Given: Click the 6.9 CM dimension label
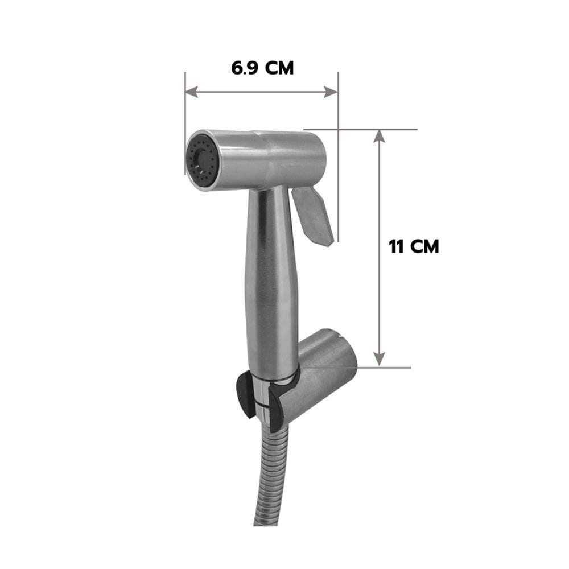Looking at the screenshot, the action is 262,68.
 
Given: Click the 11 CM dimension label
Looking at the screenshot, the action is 414,247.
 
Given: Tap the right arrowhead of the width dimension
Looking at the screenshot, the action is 331,92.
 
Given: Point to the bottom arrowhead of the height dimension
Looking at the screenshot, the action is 379,359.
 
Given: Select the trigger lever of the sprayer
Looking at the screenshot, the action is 313,216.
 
